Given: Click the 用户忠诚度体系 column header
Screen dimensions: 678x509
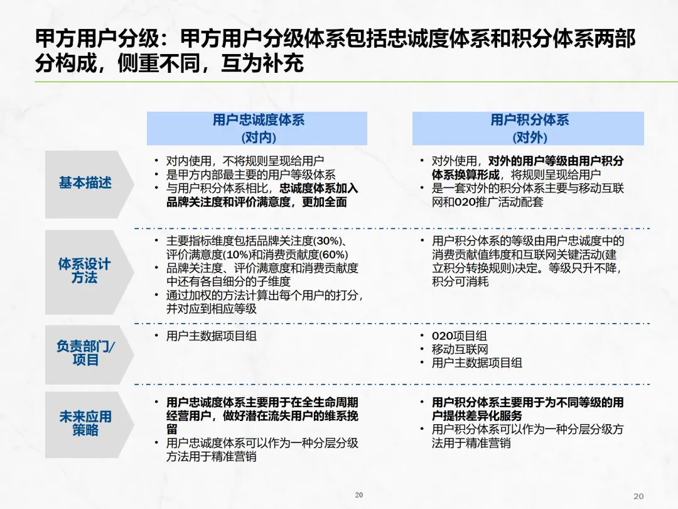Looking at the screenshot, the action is (x=257, y=120).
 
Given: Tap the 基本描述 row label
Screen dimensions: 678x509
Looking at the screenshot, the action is (x=85, y=183).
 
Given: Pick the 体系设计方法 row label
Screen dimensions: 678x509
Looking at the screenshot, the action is (x=84, y=270).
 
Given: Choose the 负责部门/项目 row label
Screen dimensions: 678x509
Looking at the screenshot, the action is (x=85, y=353).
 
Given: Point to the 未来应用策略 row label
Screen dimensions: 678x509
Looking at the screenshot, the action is (x=85, y=423).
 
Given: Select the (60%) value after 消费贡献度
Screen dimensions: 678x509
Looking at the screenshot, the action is (x=333, y=255).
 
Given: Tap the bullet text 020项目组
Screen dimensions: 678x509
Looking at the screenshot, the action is (x=459, y=336).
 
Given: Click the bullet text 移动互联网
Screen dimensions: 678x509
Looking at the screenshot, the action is (x=460, y=349).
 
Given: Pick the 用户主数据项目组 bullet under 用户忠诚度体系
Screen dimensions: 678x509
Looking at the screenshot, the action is (x=211, y=336).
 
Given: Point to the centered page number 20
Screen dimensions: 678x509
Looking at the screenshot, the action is (x=359, y=495).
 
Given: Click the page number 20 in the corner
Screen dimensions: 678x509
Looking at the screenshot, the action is (x=639, y=496).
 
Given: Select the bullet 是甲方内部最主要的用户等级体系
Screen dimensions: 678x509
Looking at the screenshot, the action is (x=250, y=175).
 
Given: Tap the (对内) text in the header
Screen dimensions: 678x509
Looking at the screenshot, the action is (x=257, y=137).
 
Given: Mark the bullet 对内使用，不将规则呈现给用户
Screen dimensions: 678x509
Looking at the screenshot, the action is (x=245, y=161).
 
